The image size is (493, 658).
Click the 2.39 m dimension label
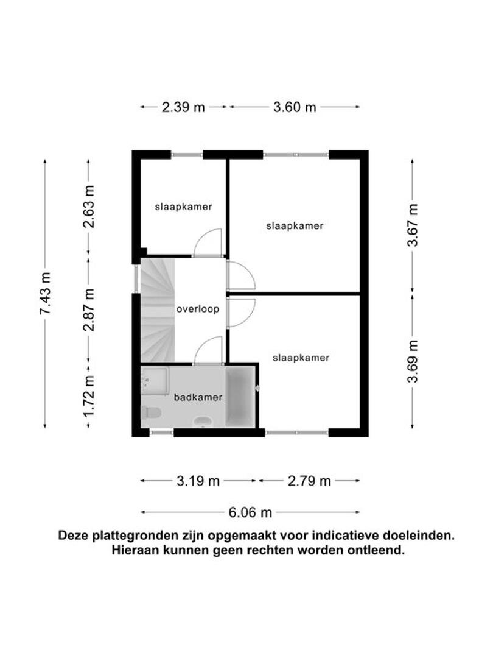click(183, 107)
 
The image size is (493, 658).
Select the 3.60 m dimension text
click(295, 107)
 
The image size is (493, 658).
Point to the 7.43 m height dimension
click(45, 293)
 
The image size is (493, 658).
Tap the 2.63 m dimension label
click(88, 207)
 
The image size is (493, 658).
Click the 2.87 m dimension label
click(88, 310)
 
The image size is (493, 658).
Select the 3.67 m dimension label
click(413, 224)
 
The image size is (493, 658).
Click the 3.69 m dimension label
click(413, 361)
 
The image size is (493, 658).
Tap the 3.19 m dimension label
click(198, 481)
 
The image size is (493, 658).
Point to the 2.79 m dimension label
click(309, 481)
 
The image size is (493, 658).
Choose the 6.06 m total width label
click(250, 512)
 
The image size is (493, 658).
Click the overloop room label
click(197, 310)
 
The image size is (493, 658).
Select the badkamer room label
click(198, 397)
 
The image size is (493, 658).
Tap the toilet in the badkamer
click(151, 413)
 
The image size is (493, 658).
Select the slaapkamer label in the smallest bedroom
click(183, 207)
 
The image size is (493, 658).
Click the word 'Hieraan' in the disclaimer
click(135, 550)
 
